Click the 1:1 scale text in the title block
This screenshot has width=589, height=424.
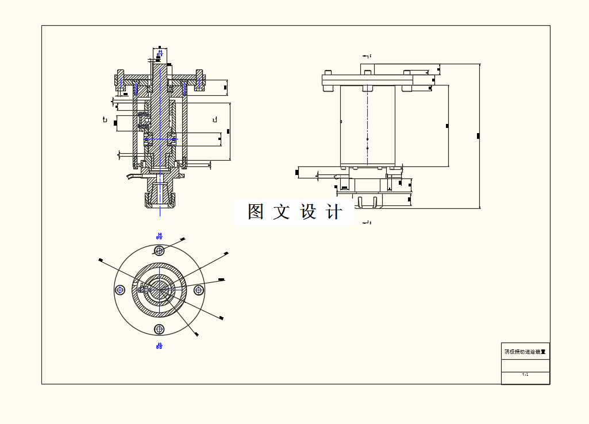(x=525, y=374)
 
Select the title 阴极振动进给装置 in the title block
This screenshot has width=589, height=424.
(x=525, y=352)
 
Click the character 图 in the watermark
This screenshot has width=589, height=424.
(x=256, y=212)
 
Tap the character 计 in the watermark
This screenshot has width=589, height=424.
(x=334, y=212)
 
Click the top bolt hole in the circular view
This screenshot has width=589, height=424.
(x=159, y=250)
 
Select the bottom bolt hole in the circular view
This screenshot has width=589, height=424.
(x=159, y=329)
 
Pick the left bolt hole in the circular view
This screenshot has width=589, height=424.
(x=120, y=290)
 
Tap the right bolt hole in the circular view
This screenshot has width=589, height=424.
(x=199, y=290)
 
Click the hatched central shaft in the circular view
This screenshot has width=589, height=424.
(x=159, y=289)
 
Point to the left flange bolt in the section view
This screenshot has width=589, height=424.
(x=120, y=79)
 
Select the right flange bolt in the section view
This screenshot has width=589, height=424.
(x=199, y=79)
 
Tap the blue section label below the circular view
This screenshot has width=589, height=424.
(x=159, y=345)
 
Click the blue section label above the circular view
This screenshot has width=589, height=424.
(x=159, y=236)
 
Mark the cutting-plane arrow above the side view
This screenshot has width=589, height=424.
(x=367, y=56)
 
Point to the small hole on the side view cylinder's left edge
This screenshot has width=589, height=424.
(x=341, y=122)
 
